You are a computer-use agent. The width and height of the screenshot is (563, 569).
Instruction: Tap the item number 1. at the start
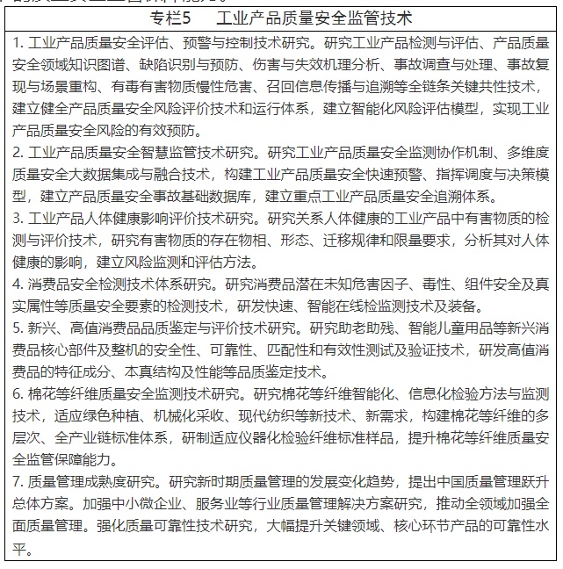[x=16, y=41]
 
